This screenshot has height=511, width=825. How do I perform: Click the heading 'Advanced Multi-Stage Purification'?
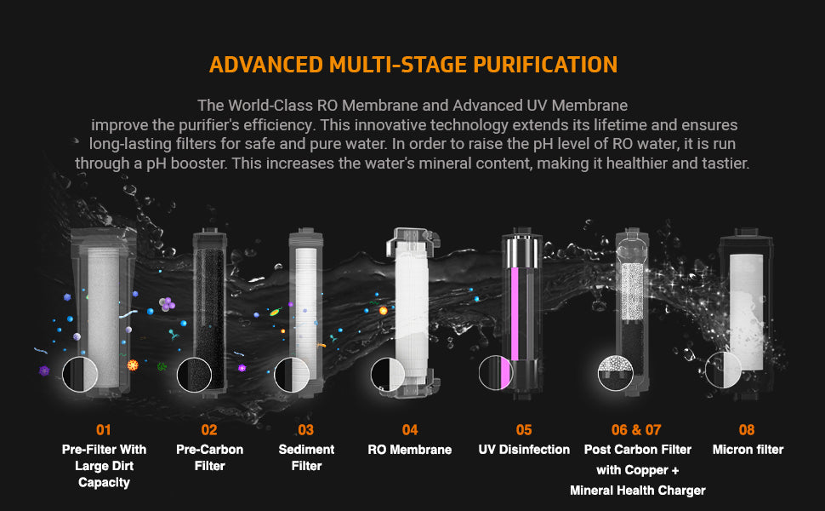(413, 65)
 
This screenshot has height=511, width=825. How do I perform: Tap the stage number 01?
(104, 430)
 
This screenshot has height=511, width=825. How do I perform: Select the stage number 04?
(410, 430)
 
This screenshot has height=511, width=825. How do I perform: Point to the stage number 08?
(747, 430)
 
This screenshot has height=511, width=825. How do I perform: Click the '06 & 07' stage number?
(636, 430)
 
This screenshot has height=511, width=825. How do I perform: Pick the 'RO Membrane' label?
(410, 450)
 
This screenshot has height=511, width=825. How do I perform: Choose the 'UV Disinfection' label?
(524, 450)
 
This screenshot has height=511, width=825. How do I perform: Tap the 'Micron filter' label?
(748, 450)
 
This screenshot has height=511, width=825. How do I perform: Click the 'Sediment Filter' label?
(306, 457)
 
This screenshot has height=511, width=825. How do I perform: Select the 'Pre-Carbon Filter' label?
(209, 457)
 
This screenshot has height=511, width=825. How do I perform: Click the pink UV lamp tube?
(515, 313)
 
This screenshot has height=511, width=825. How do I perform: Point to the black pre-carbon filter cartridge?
(210, 311)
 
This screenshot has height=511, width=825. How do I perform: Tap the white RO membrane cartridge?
(412, 311)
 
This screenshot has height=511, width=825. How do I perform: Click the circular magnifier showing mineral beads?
(616, 373)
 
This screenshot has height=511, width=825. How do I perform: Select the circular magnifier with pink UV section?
(496, 372)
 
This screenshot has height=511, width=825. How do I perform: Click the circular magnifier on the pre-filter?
(80, 375)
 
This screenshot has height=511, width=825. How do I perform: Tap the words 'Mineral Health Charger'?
(638, 491)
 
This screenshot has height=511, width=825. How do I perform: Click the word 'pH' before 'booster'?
(156, 164)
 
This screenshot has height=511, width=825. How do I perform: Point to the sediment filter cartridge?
(306, 311)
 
